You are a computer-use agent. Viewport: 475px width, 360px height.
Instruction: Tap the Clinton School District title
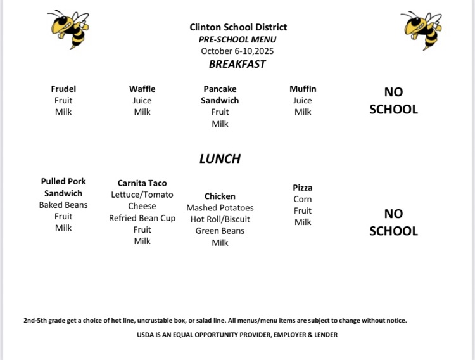click(237, 27)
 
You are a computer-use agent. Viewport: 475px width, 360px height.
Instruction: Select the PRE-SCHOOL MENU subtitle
click(237, 39)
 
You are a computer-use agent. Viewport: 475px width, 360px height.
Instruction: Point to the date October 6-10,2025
click(237, 51)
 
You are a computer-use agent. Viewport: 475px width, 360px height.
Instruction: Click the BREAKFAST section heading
click(237, 64)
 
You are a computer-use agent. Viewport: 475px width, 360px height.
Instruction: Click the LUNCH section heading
click(220, 158)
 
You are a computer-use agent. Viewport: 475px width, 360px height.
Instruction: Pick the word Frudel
click(63, 89)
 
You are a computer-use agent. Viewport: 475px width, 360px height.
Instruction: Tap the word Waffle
click(142, 89)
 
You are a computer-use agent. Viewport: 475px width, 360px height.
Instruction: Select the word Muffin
click(303, 89)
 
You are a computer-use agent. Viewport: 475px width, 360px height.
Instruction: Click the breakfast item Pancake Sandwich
click(220, 94)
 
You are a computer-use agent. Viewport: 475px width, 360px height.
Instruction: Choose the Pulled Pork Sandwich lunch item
click(63, 187)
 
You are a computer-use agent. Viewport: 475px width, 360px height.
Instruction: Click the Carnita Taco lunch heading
click(142, 183)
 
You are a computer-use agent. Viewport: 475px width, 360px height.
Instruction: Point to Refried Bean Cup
click(142, 218)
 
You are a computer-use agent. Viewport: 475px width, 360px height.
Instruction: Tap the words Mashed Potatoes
click(220, 208)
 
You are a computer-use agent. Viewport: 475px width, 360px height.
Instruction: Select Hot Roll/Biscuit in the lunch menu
click(220, 219)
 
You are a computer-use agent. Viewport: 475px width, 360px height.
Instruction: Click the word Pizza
click(303, 188)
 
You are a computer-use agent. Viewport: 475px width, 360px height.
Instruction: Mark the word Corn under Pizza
click(303, 199)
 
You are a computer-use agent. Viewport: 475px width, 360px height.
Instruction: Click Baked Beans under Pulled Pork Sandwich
click(63, 205)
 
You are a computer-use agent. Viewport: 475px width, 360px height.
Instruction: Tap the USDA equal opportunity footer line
click(237, 335)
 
